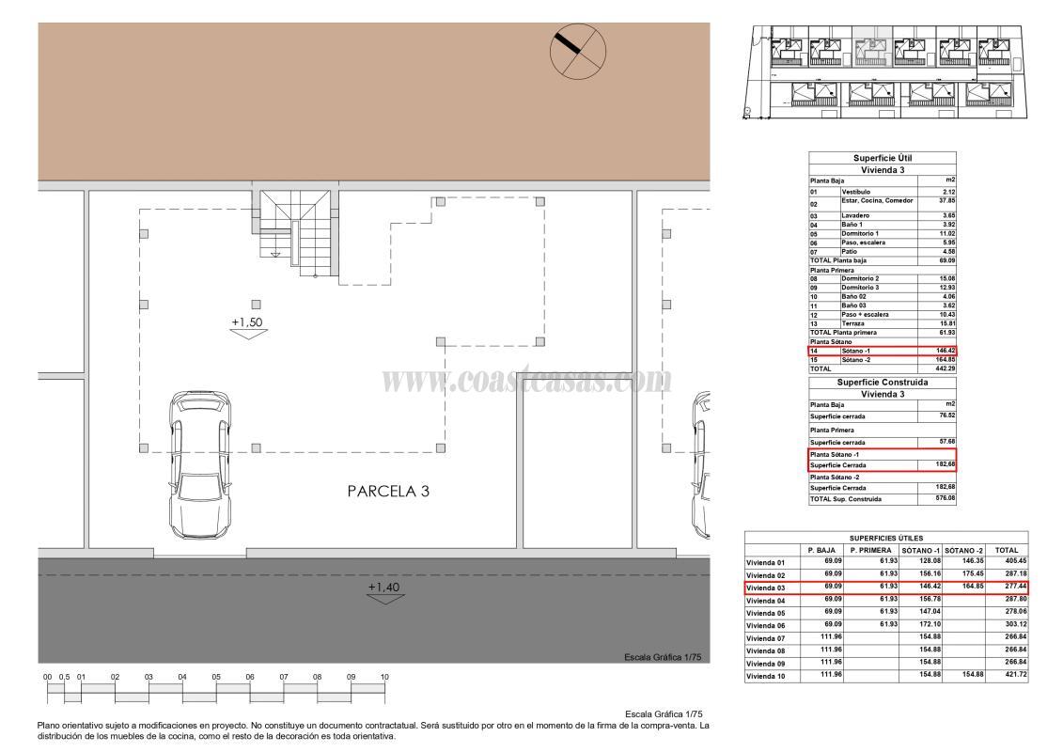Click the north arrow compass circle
578,52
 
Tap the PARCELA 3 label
388,491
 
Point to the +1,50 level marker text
247,321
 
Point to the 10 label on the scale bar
384,677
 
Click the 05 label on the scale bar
216,677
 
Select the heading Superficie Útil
882,158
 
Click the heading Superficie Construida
882,383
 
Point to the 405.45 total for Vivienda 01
1008,562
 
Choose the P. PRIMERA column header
869,550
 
